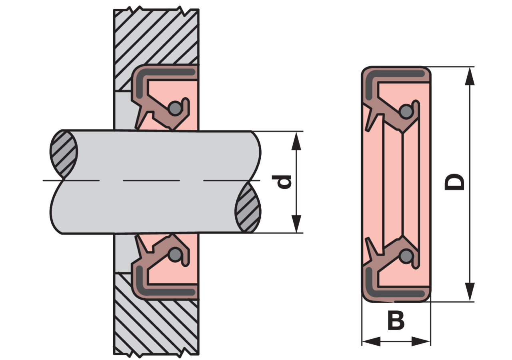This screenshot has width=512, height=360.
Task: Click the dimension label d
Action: (281, 182)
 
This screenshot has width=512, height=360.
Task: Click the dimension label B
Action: (396, 321)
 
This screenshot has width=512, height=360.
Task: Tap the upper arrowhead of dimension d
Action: (296, 141)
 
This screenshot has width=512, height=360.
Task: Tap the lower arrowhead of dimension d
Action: (296, 224)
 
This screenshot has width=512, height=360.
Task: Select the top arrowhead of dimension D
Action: (470, 76)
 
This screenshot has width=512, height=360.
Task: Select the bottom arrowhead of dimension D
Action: (470, 292)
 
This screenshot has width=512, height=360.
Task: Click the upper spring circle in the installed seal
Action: (175, 108)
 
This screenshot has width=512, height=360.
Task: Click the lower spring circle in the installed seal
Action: (175, 254)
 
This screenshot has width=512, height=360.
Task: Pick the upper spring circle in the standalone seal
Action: (406, 112)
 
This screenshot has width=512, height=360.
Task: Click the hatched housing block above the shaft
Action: (156, 36)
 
